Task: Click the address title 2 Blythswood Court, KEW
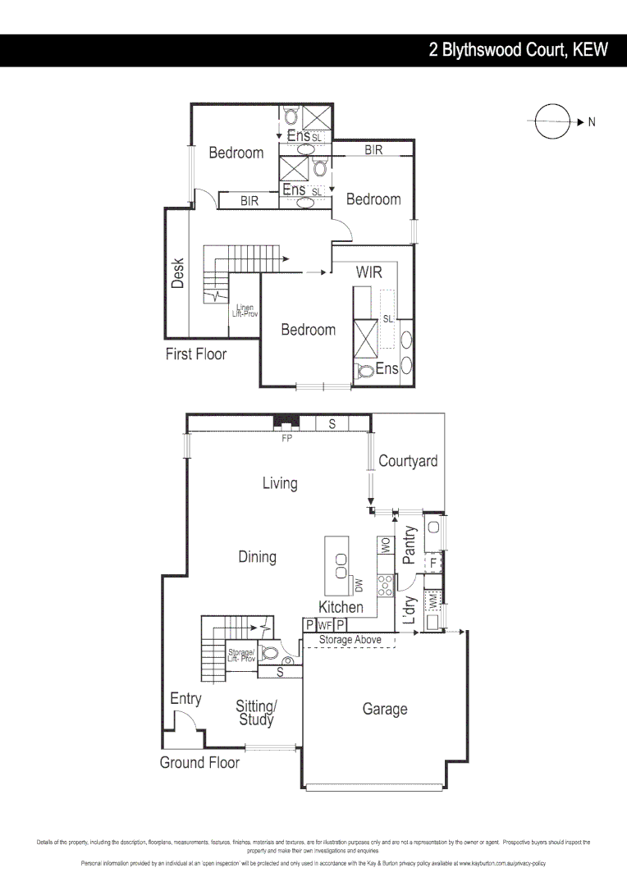pyautogui.click(x=519, y=50)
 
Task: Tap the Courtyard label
pyautogui.click(x=408, y=461)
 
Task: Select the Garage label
pyautogui.click(x=385, y=709)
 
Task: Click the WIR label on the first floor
pyautogui.click(x=369, y=272)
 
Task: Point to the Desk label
pyautogui.click(x=178, y=273)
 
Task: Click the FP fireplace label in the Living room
pyautogui.click(x=287, y=438)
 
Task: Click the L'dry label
pyautogui.click(x=411, y=610)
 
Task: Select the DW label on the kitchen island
pyautogui.click(x=359, y=585)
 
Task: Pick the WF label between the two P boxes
pyautogui.click(x=325, y=625)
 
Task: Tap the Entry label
pyautogui.click(x=185, y=699)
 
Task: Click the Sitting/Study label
pyautogui.click(x=257, y=713)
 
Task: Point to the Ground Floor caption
pyautogui.click(x=199, y=763)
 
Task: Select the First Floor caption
pyautogui.click(x=196, y=354)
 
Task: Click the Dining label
pyautogui.click(x=257, y=557)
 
